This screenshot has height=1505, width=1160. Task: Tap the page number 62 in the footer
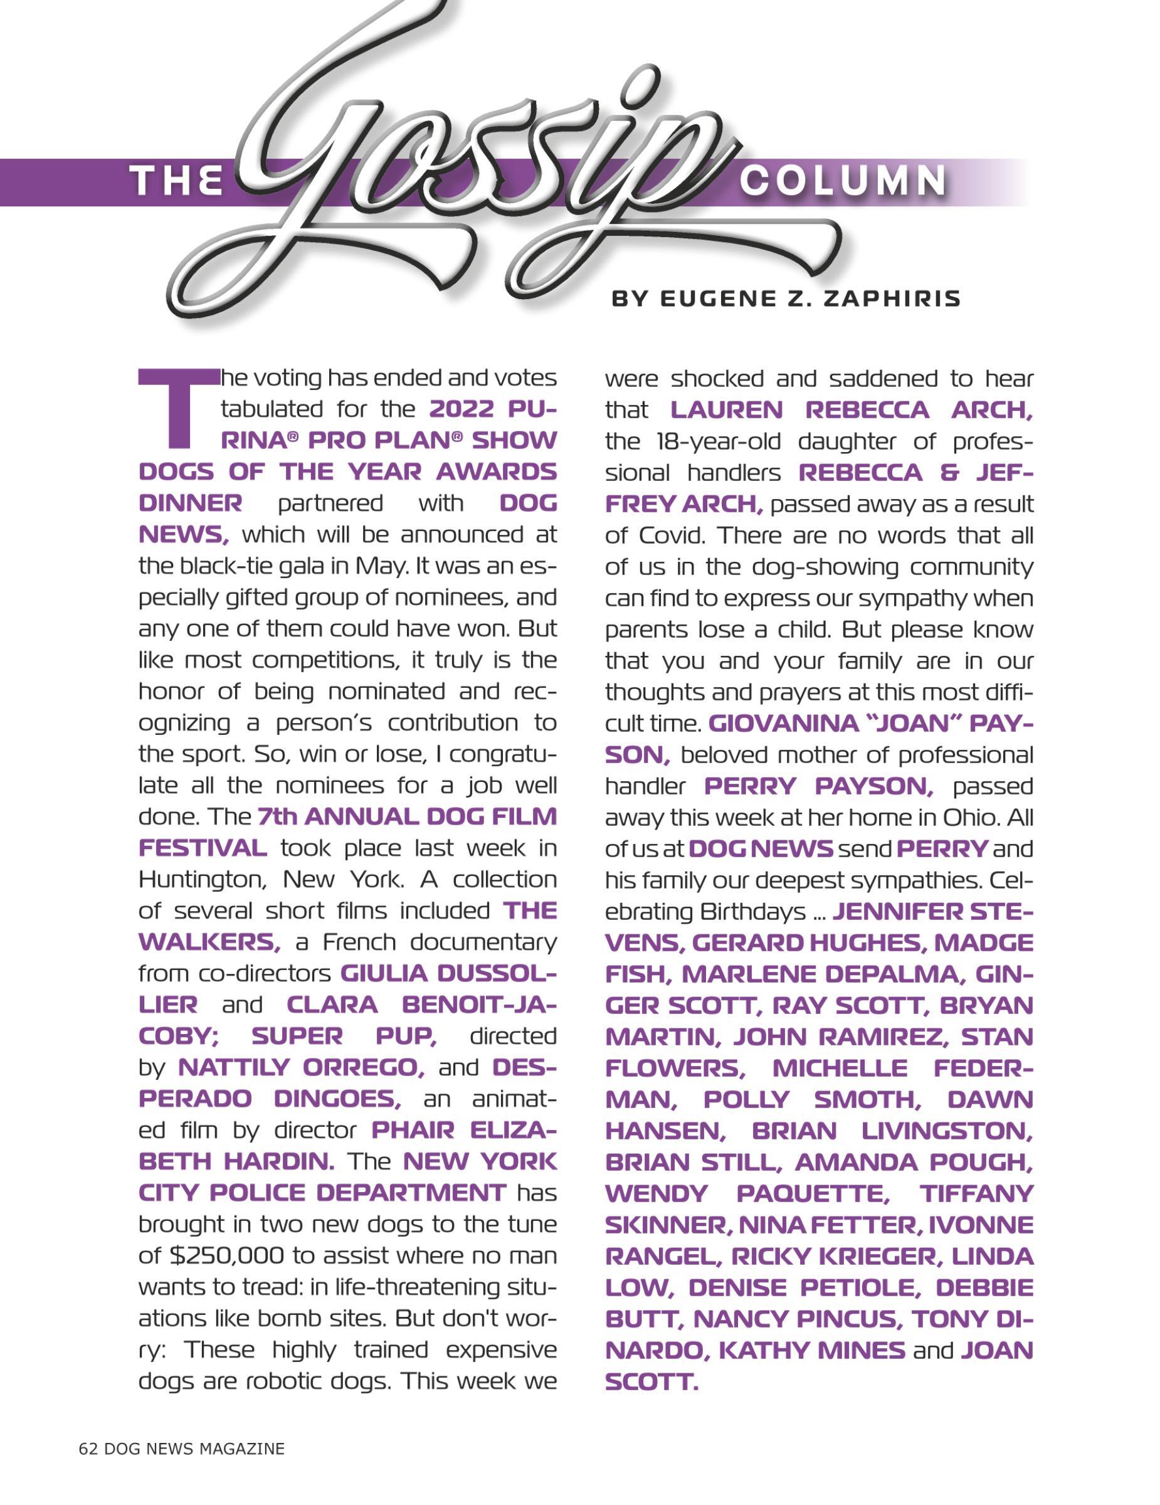click(88, 1449)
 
